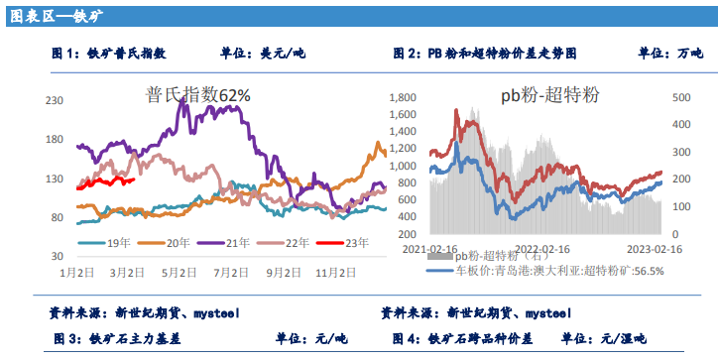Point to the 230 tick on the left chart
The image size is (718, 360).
click(x=55, y=100)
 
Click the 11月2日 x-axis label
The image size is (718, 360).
click(x=336, y=271)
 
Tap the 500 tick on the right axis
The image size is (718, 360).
click(x=681, y=98)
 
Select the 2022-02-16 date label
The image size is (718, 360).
click(x=540, y=249)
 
